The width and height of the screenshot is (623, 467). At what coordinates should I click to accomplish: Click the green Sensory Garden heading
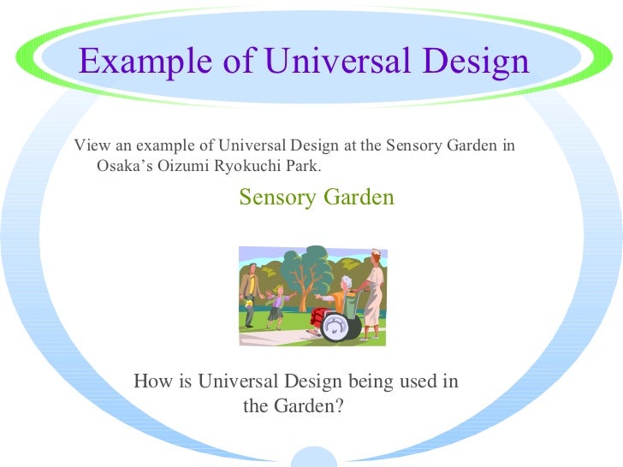[317, 198]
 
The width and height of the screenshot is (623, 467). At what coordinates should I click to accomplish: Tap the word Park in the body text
[303, 165]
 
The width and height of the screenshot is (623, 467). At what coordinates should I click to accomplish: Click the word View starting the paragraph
[90, 145]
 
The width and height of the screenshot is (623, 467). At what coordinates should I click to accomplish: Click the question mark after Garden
[338, 406]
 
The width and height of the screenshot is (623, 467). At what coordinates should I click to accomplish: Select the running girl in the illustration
[276, 307]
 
